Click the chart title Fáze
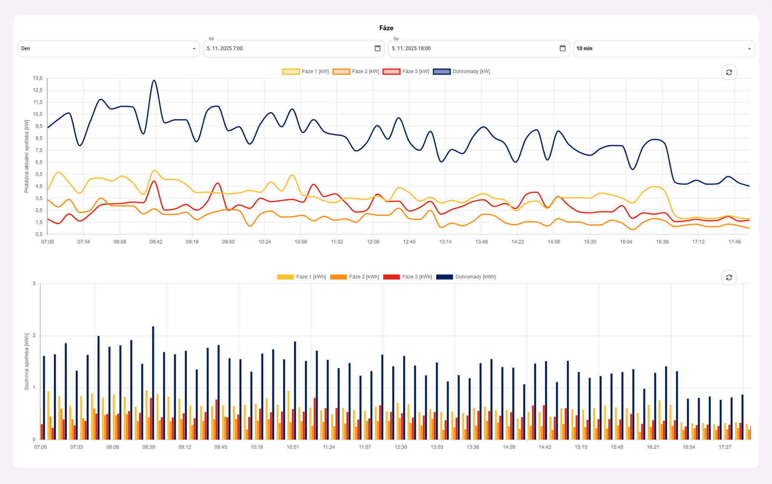(x=386, y=28)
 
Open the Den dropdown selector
(x=109, y=49)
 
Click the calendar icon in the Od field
(x=377, y=48)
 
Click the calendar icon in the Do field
(x=562, y=48)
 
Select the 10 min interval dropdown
(x=664, y=49)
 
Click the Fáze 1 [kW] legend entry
(x=305, y=71)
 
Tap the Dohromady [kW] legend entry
(x=461, y=71)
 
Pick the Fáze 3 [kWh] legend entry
(x=407, y=277)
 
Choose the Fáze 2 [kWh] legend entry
(x=354, y=277)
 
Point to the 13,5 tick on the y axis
(x=38, y=78)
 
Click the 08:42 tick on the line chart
(x=156, y=241)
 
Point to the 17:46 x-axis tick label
(x=734, y=241)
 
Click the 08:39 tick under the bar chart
(x=149, y=447)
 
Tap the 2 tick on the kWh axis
(x=34, y=335)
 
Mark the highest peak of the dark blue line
(x=154, y=80)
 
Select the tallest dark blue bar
(x=153, y=383)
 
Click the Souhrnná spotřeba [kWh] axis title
(x=27, y=361)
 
